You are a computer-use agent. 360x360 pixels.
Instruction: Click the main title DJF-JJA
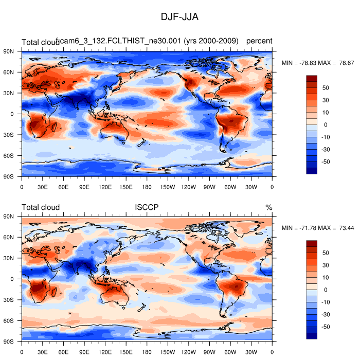pos(179,17)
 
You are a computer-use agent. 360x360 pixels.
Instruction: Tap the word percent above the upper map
pos(259,41)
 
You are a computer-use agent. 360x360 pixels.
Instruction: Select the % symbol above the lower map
pos(268,207)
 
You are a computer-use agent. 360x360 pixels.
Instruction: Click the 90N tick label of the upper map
pos(9,51)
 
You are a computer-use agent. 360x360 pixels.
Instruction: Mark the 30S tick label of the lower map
pos(9,300)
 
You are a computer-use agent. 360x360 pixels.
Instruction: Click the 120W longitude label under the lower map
pos(189,352)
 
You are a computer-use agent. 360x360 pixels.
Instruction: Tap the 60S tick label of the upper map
pos(9,155)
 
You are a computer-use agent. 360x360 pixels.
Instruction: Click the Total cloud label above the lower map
pos(41,207)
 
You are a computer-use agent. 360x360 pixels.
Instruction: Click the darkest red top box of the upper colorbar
pos(312,78)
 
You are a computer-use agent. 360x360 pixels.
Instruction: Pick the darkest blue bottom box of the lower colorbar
pos(312,336)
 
